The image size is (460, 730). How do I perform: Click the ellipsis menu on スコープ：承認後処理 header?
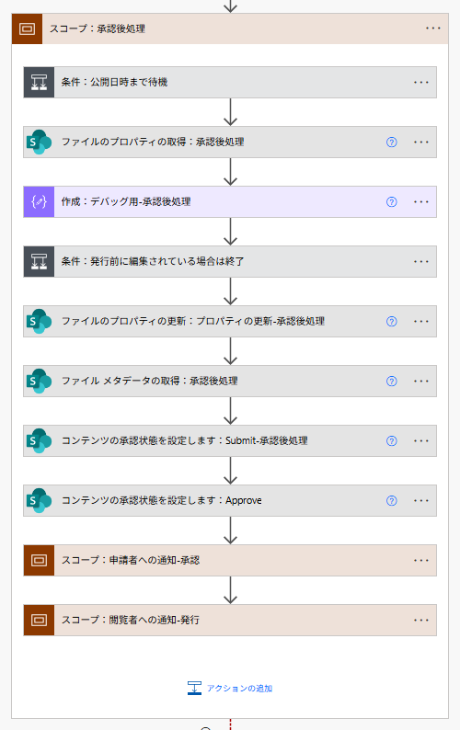pos(433,29)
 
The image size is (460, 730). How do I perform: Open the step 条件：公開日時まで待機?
pos(114,82)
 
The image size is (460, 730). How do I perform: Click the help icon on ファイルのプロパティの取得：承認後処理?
pos(391,142)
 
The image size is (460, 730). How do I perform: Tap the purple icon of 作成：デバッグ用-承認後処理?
pos(39,201)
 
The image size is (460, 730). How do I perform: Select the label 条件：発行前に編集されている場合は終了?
pos(153,261)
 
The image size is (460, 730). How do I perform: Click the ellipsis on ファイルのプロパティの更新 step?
pos(421,321)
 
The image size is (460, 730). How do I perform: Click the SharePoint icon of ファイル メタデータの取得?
pos(39,381)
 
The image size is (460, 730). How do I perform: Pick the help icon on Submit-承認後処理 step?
pos(391,440)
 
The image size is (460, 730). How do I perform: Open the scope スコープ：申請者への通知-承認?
pos(130,560)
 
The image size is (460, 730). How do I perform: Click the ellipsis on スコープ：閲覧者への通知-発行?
pos(421,620)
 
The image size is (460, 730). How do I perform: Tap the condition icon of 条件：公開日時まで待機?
pos(39,82)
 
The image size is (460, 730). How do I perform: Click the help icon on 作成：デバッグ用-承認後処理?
pos(391,201)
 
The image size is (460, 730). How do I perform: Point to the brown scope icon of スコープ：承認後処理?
pos(27,29)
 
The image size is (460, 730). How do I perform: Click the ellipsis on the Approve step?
pos(421,500)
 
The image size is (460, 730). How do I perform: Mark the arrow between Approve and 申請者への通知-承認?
pos(230,530)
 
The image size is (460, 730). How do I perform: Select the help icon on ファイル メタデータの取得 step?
pos(391,381)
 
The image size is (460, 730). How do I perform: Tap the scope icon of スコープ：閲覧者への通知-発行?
pos(39,620)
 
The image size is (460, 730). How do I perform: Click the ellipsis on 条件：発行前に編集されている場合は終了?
pos(421,261)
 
